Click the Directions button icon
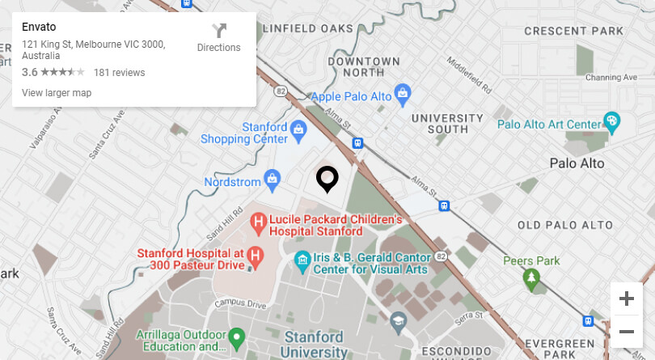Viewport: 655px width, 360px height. (x=219, y=31)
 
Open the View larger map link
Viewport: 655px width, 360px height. (x=57, y=93)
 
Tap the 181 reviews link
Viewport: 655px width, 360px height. (x=119, y=73)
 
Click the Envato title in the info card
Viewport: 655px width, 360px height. (x=39, y=27)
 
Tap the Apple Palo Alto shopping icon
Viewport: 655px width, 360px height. (x=402, y=95)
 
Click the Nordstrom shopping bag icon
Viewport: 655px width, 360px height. (x=273, y=178)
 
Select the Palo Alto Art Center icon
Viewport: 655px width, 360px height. (x=613, y=123)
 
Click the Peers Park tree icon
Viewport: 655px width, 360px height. (x=531, y=280)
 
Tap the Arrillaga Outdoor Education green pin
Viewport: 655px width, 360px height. (x=236, y=336)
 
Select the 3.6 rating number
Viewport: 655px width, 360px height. (x=29, y=73)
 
